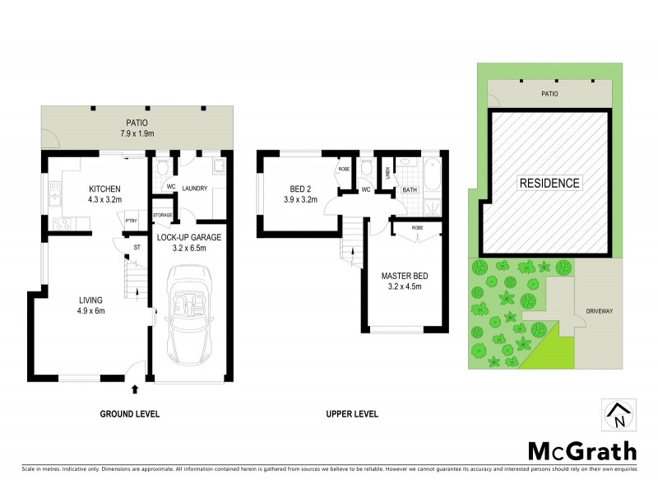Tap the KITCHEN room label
(x=105, y=188)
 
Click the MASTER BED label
(x=405, y=275)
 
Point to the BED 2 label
(x=300, y=188)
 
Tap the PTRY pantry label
(x=130, y=220)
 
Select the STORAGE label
(x=162, y=215)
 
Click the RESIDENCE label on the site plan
(x=549, y=183)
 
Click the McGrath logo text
(x=582, y=450)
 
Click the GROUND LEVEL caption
(x=129, y=414)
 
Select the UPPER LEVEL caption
(x=352, y=414)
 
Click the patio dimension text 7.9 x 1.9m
(x=137, y=133)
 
